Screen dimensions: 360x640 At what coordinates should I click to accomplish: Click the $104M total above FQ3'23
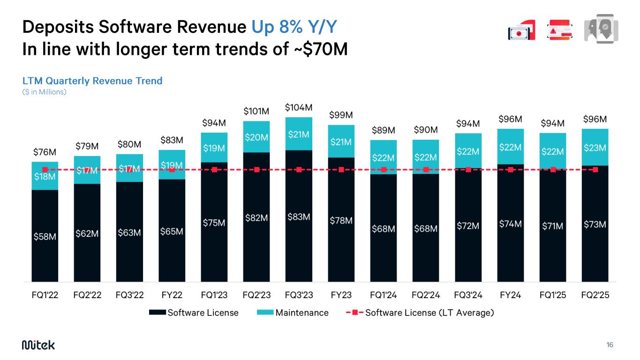pyautogui.click(x=299, y=108)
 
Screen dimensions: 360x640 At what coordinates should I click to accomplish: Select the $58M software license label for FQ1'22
pyautogui.click(x=45, y=237)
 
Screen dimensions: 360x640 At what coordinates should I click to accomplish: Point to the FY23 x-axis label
pyautogui.click(x=341, y=295)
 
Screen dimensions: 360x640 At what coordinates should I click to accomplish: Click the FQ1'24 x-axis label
pyautogui.click(x=384, y=295)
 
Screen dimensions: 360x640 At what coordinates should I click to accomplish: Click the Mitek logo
pyautogui.click(x=38, y=345)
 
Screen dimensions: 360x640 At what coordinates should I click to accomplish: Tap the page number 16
pyautogui.click(x=610, y=345)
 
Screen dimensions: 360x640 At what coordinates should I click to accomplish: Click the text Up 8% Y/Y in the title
pyautogui.click(x=294, y=27)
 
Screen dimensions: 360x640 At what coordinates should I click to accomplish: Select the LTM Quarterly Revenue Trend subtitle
pyautogui.click(x=92, y=81)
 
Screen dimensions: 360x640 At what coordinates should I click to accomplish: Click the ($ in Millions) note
pyautogui.click(x=45, y=92)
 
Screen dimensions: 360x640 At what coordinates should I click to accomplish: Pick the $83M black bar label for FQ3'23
pyautogui.click(x=299, y=217)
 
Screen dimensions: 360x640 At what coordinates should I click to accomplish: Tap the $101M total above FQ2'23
pyautogui.click(x=256, y=112)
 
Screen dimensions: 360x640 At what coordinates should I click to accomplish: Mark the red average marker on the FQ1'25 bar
pyautogui.click(x=553, y=170)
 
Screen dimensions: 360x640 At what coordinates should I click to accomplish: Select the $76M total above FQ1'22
pyautogui.click(x=45, y=152)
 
